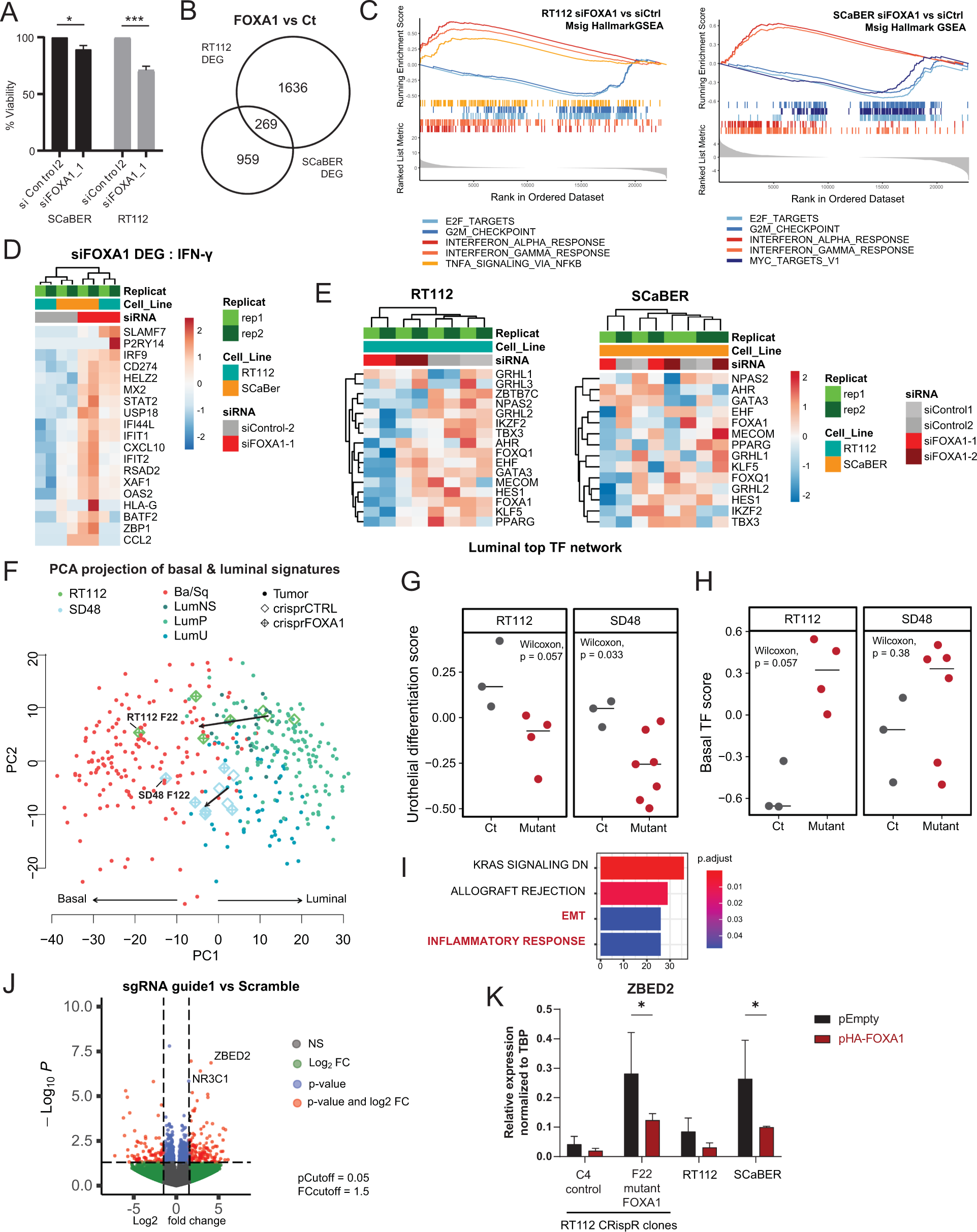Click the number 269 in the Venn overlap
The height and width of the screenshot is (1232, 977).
[266, 124]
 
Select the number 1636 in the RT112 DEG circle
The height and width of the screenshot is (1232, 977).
[293, 87]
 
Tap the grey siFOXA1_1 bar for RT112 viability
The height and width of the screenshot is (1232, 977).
[146, 110]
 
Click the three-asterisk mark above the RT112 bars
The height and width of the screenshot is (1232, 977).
[134, 19]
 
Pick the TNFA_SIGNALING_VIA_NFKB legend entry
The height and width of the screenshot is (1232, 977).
[513, 264]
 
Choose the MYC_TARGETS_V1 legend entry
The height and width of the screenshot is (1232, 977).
[794, 261]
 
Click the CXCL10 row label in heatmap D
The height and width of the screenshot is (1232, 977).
[144, 448]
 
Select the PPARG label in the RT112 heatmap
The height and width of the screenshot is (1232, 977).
[515, 522]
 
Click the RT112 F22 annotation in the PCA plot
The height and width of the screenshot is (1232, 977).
[152, 717]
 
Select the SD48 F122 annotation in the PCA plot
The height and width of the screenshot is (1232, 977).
[164, 795]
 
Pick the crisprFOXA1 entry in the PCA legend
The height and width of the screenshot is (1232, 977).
[308, 623]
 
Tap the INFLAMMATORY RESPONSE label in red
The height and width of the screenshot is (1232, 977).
[506, 941]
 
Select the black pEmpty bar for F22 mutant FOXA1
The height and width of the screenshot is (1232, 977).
[631, 1114]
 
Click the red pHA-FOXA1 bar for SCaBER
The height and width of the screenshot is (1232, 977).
[766, 1141]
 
